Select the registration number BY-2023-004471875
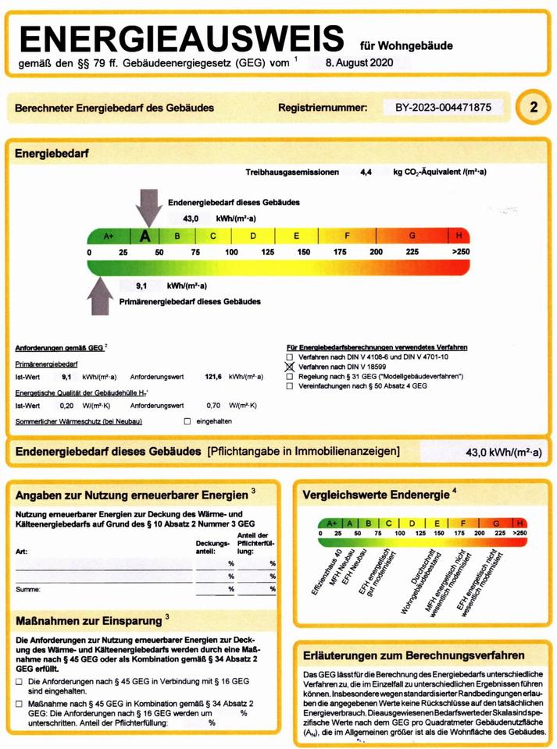[x=438, y=108]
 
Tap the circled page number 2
[x=534, y=108]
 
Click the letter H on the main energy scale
[x=459, y=236]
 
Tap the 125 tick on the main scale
[x=267, y=252]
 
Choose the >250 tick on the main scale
[x=461, y=252]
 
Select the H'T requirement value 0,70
[x=212, y=406]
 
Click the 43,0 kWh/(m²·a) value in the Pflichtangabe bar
[x=504, y=452]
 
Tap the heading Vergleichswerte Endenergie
[x=373, y=494]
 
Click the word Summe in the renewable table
[x=27, y=590]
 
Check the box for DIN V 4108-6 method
[x=290, y=356]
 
